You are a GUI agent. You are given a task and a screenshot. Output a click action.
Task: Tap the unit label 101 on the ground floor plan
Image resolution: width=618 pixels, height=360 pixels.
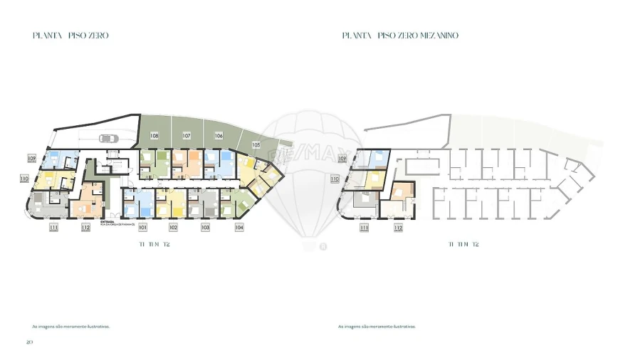[142, 228]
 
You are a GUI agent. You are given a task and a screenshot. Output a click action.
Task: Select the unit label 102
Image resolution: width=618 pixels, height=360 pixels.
[173, 228]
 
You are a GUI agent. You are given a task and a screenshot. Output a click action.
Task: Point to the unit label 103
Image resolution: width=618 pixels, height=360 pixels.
[205, 228]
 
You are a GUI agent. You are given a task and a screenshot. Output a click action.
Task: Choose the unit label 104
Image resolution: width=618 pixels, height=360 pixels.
[239, 228]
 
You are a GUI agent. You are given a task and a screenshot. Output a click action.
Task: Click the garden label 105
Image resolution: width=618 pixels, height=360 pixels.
[256, 144]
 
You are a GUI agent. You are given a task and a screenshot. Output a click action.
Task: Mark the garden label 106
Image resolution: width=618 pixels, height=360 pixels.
[219, 135]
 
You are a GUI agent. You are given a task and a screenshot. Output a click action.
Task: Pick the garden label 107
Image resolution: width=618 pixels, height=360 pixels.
[186, 135]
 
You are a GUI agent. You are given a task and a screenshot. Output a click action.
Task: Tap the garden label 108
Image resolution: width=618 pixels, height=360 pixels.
[154, 135]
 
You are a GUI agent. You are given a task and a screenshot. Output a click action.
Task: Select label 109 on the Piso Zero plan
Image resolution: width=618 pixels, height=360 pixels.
[31, 158]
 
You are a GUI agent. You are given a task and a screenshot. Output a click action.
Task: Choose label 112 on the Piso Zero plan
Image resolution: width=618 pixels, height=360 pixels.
[85, 228]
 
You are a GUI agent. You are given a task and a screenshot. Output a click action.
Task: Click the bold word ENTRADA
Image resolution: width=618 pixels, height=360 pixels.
[108, 221]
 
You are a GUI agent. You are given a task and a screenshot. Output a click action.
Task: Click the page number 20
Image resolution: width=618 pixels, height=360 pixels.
[29, 342]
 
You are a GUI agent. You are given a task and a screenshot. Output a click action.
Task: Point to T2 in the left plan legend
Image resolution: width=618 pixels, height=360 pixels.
[167, 244]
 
